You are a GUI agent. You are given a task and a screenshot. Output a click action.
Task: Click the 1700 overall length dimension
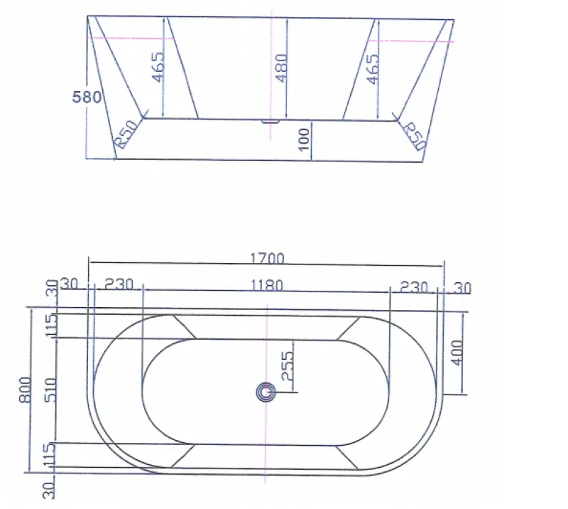pyautogui.click(x=267, y=258)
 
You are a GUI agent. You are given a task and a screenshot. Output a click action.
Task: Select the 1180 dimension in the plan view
pyautogui.click(x=267, y=286)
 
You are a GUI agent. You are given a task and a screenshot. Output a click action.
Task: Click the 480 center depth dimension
pyautogui.click(x=281, y=69)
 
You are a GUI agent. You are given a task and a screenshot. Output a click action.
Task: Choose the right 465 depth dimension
pyautogui.click(x=373, y=69)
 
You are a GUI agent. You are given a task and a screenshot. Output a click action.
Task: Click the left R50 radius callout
pyautogui.click(x=126, y=134)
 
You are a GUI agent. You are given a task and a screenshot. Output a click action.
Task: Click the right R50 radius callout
pyautogui.click(x=413, y=135)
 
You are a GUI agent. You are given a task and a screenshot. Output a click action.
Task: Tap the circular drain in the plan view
pyautogui.click(x=266, y=392)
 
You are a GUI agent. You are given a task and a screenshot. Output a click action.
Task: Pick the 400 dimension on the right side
pyautogui.click(x=457, y=352)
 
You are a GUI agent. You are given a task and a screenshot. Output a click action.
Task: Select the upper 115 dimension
pyautogui.click(x=50, y=325)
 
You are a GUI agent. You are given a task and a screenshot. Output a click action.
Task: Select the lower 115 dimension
pyautogui.click(x=50, y=455)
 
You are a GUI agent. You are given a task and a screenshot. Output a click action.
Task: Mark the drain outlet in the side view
pyautogui.click(x=271, y=121)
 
